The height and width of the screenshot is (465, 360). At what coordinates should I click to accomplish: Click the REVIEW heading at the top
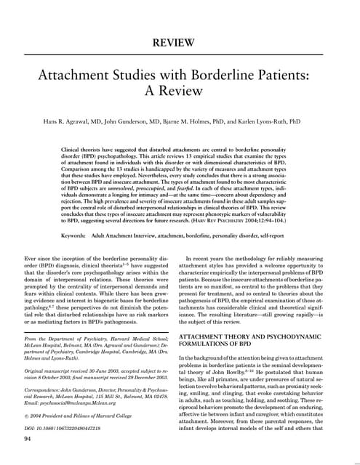180,44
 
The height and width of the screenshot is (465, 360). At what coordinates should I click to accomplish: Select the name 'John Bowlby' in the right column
243,371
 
